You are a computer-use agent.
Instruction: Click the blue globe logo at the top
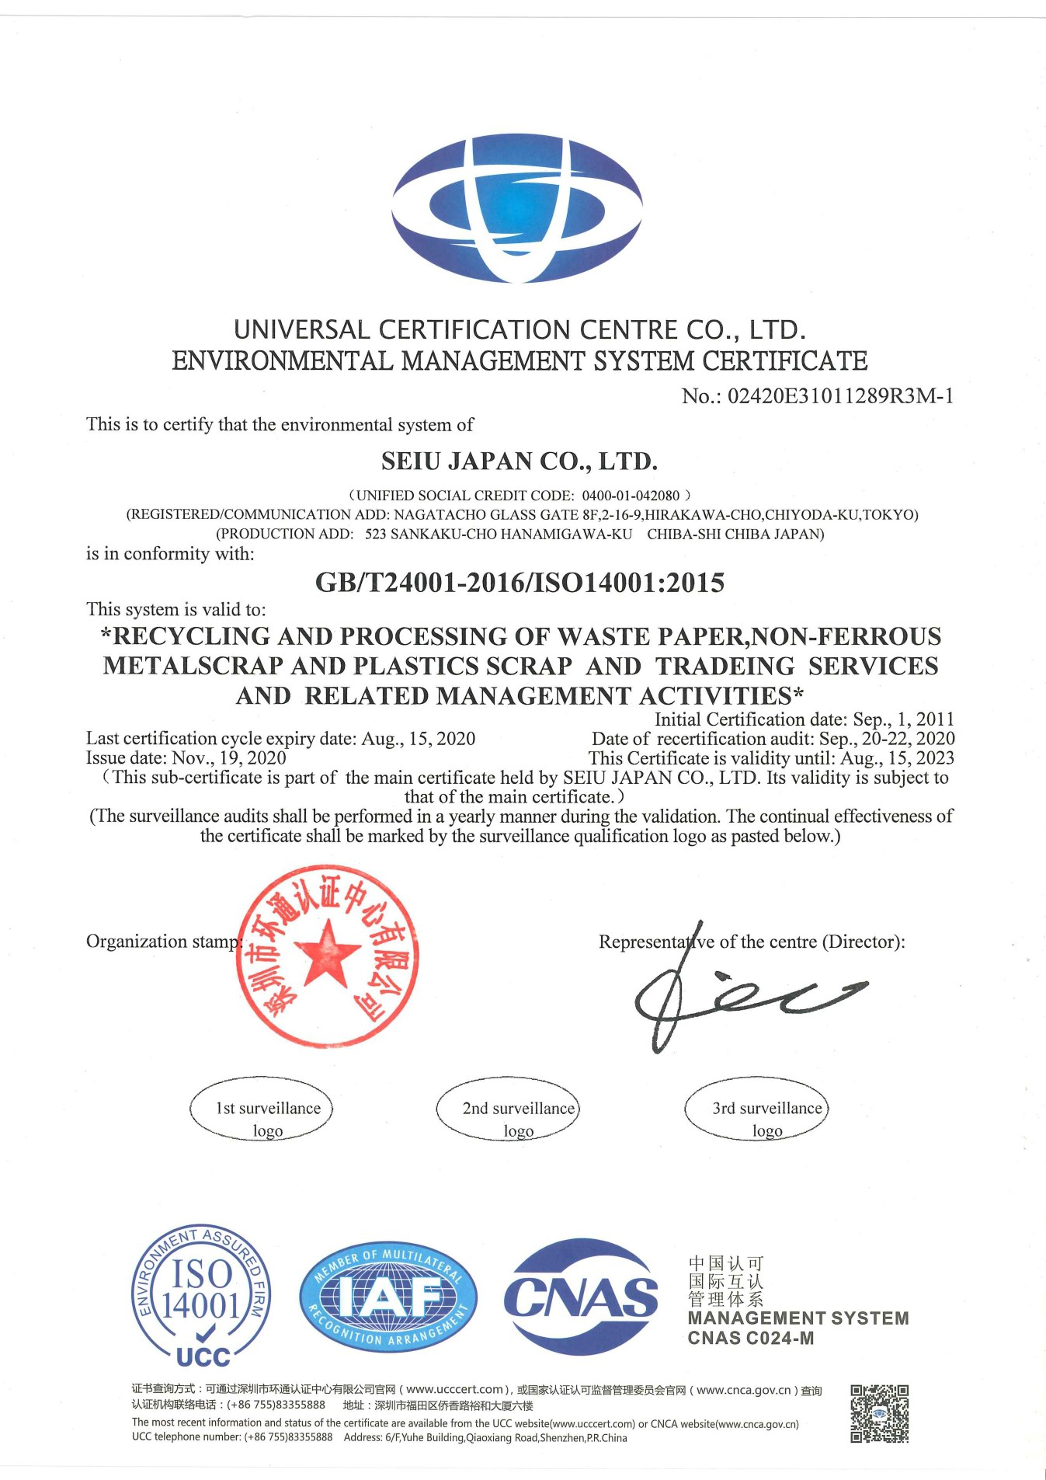click(517, 208)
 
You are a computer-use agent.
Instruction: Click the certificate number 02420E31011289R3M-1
click(840, 396)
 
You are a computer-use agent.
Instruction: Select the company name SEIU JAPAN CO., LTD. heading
click(520, 461)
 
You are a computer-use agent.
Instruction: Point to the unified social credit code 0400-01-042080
click(631, 496)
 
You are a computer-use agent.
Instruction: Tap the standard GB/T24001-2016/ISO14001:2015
click(520, 583)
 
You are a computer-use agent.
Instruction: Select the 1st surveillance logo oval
click(262, 1109)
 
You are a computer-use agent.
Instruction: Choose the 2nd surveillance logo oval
click(509, 1109)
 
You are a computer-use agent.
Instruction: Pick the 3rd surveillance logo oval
click(757, 1109)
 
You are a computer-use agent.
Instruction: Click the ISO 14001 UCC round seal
click(201, 1296)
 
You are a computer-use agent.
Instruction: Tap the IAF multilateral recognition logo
click(388, 1296)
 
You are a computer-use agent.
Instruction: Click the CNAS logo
click(581, 1297)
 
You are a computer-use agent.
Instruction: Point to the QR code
click(879, 1413)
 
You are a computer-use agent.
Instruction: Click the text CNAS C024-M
click(751, 1338)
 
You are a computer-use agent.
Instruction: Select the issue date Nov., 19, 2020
click(228, 758)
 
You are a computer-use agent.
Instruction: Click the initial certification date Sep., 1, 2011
click(903, 719)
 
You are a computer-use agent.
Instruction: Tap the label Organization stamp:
click(164, 942)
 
